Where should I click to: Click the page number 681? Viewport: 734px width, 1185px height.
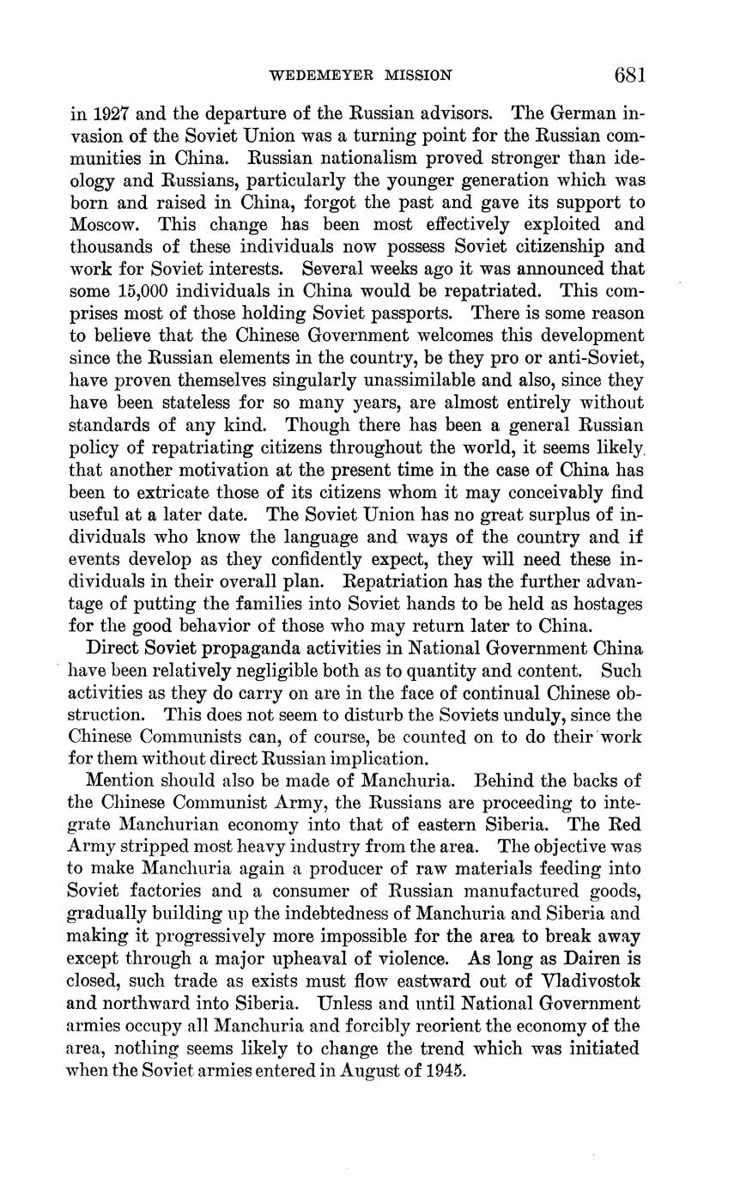pyautogui.click(x=629, y=75)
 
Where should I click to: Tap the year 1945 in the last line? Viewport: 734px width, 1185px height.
pyautogui.click(x=446, y=1071)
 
